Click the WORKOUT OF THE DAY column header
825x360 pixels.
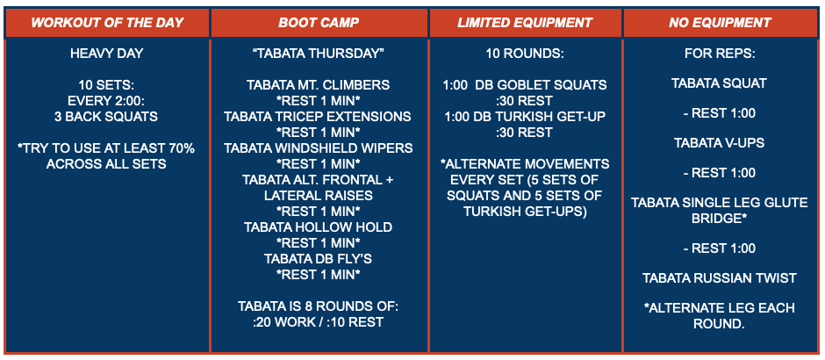click(107, 23)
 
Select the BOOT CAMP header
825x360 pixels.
click(319, 23)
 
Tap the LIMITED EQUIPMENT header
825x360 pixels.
click(525, 23)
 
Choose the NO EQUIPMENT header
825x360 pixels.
click(720, 23)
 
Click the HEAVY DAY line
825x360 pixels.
click(106, 54)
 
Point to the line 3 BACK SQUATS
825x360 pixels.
click(106, 117)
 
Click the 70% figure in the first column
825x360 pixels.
click(180, 148)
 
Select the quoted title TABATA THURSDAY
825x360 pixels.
click(319, 54)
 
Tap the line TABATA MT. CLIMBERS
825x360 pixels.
click(319, 85)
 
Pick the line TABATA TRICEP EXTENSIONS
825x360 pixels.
click(319, 116)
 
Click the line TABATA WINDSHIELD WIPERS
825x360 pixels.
click(319, 148)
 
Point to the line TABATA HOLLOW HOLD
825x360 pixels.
click(319, 227)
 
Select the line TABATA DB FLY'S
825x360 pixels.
click(319, 258)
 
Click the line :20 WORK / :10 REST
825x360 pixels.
click(319, 321)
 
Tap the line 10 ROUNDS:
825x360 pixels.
click(525, 54)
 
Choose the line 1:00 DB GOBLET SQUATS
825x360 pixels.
click(525, 85)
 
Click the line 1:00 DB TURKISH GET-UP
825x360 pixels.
click(525, 116)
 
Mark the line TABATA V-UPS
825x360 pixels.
click(720, 142)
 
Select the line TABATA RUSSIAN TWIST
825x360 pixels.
click(720, 278)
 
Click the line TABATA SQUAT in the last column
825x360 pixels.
click(720, 83)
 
